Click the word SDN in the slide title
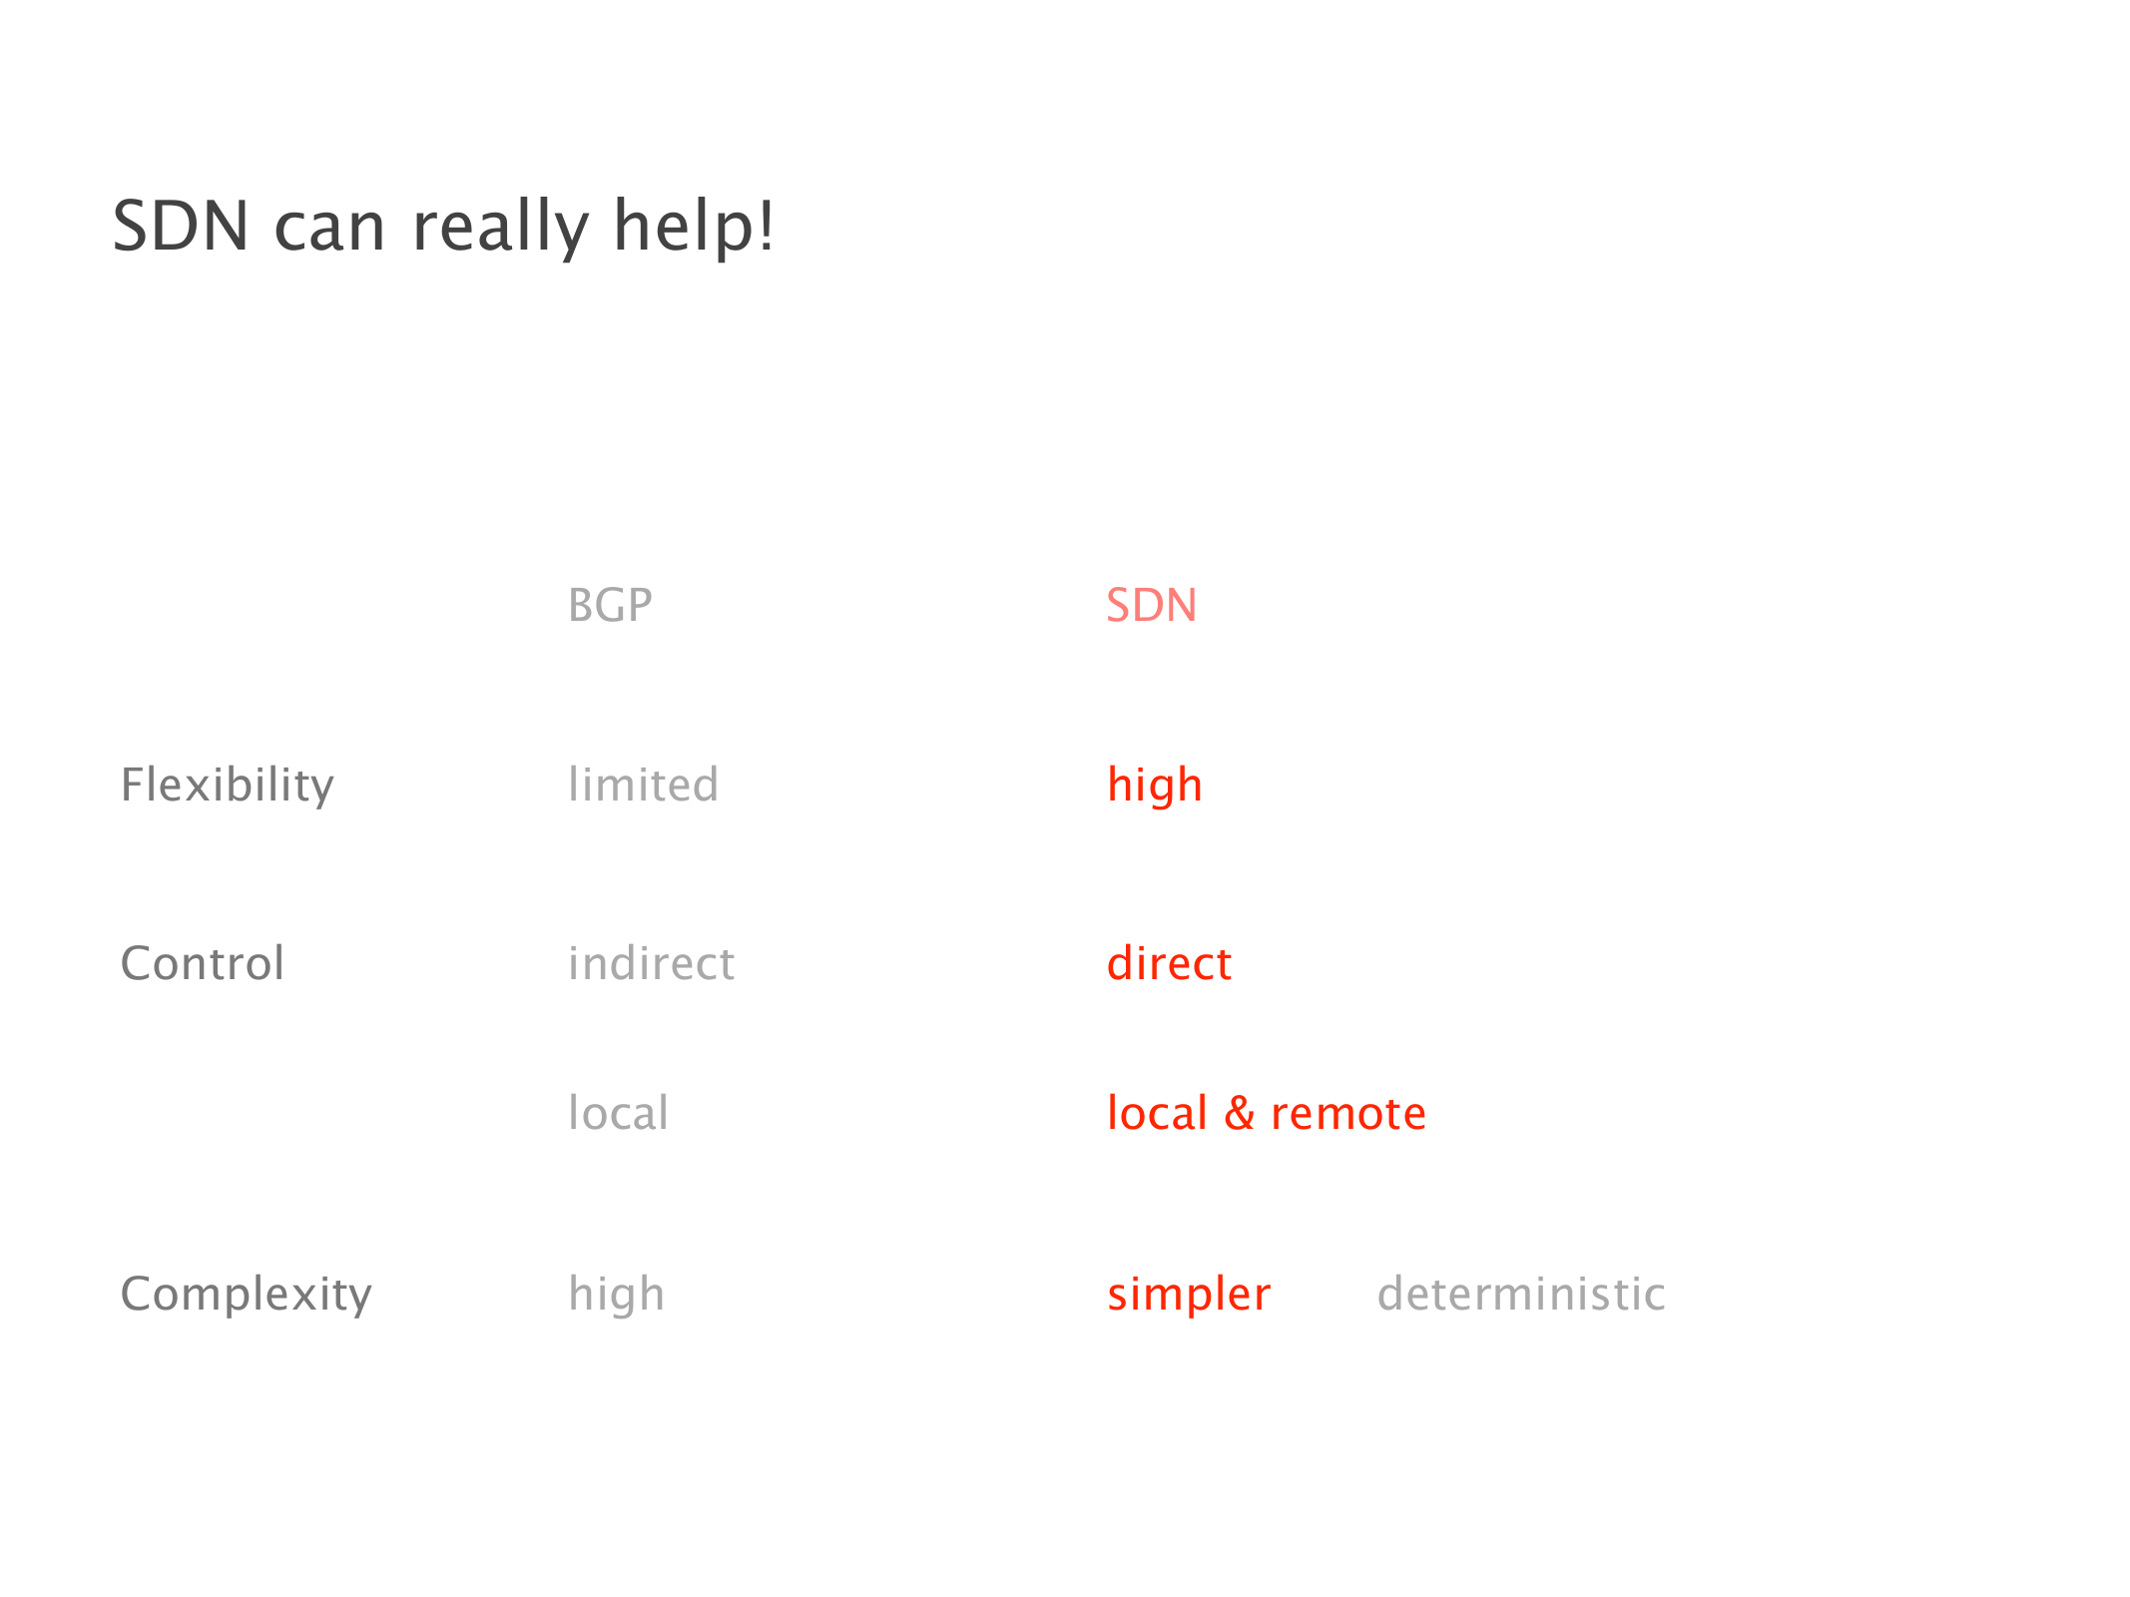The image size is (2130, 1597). point(181,226)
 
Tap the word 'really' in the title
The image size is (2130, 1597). point(501,230)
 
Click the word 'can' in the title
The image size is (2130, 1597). point(329,232)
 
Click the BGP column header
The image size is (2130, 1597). point(610,605)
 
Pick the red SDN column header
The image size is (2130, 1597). point(1152,605)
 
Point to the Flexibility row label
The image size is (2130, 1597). point(228,785)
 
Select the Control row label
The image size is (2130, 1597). point(203,963)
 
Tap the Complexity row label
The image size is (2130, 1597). point(247,1295)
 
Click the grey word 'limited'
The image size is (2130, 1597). point(644,784)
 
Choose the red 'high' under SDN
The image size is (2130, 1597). point(1155,786)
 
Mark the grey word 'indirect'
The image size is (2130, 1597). point(652,963)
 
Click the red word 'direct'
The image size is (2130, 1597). point(1170,963)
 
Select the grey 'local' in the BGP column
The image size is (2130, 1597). point(619,1112)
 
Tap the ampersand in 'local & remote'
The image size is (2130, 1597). point(1240,1113)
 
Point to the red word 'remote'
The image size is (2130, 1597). point(1348,1114)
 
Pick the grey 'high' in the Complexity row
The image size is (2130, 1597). point(617,1295)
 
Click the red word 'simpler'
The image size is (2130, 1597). point(1190,1296)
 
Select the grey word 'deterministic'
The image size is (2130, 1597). point(1522,1294)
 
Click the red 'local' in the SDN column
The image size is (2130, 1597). point(1158,1112)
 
